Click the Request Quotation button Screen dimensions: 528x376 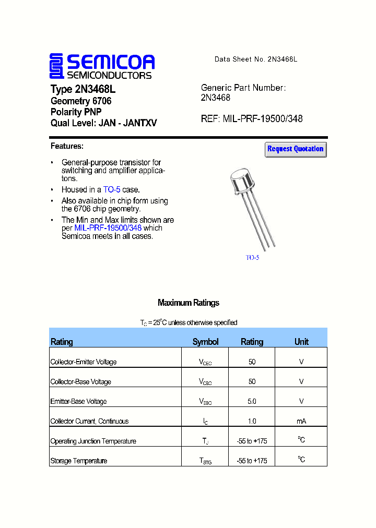click(x=296, y=149)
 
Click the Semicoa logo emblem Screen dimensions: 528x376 click(x=56, y=66)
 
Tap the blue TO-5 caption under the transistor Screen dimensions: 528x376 click(x=252, y=257)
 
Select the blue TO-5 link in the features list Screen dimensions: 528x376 click(x=112, y=190)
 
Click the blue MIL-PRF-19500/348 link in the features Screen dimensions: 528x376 click(x=108, y=228)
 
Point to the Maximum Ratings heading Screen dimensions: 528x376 click(x=189, y=303)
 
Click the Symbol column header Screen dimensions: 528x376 click(x=205, y=342)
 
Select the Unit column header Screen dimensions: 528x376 click(x=301, y=342)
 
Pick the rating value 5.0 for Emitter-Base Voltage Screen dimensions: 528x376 click(x=252, y=401)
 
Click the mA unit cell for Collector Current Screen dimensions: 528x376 click(x=301, y=421)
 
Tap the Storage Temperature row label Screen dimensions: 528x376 click(x=79, y=461)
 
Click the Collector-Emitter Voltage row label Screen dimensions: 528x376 click(x=84, y=362)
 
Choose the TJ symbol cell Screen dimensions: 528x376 click(x=205, y=441)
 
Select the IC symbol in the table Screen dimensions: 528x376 click(x=205, y=422)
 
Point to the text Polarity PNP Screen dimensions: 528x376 click(x=76, y=112)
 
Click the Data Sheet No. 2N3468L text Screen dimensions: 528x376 click(x=255, y=59)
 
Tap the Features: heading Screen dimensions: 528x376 click(x=67, y=146)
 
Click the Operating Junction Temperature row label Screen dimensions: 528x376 click(x=93, y=441)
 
